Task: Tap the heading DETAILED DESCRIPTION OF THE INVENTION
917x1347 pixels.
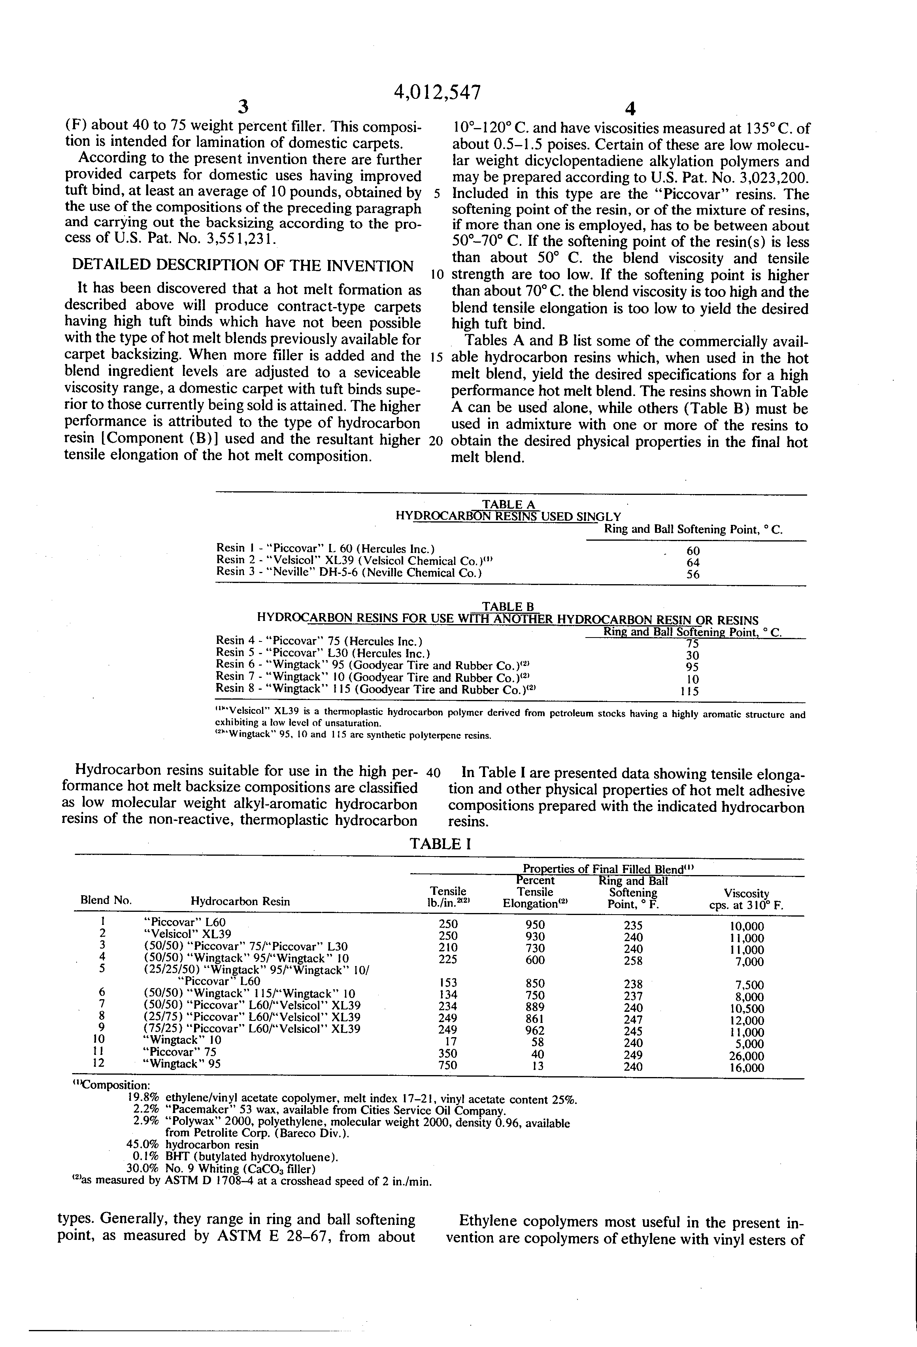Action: pyautogui.click(x=242, y=266)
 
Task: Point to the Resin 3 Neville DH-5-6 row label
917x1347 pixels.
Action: pyautogui.click(x=349, y=573)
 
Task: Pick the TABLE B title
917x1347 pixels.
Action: pyautogui.click(x=508, y=607)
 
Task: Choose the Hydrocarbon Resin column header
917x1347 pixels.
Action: pyautogui.click(x=240, y=901)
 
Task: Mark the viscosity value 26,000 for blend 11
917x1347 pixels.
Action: pyautogui.click(x=746, y=1056)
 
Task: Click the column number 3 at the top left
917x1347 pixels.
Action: pyautogui.click(x=243, y=107)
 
